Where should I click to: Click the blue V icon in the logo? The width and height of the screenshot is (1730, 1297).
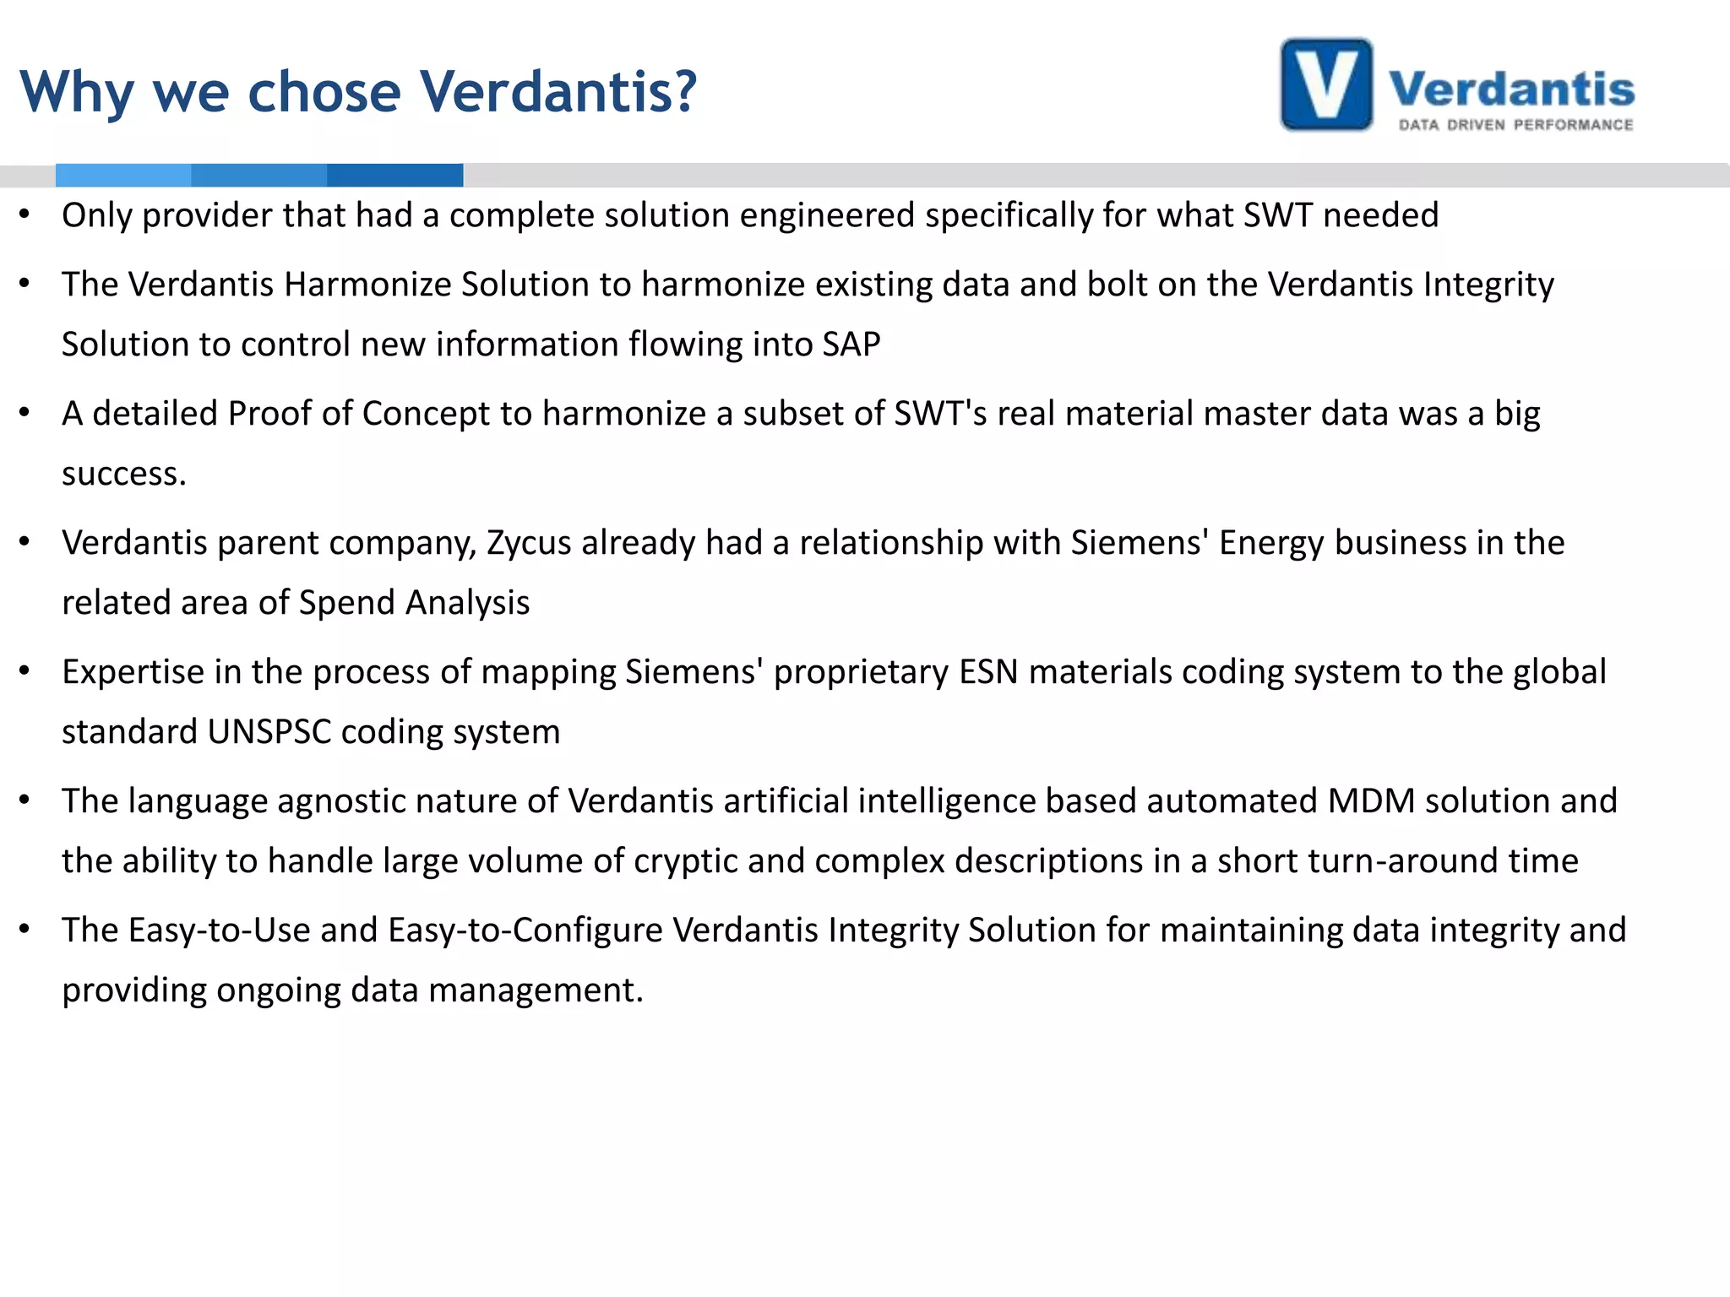coord(1326,84)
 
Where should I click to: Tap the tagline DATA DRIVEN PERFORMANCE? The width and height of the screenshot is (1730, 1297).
coord(1515,125)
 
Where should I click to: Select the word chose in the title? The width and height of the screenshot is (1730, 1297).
coord(324,91)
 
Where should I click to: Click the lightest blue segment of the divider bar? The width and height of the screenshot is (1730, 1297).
coord(123,175)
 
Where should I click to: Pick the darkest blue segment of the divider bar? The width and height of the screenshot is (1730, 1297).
coord(394,175)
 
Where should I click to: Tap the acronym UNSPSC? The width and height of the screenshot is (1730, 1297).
coord(269,732)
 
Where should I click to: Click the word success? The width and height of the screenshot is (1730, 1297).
coord(123,475)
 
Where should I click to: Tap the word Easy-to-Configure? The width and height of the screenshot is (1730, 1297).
coord(525,931)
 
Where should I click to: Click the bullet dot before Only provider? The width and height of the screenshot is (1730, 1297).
coord(25,214)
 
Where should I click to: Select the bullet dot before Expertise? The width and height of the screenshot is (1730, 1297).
coord(25,671)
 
